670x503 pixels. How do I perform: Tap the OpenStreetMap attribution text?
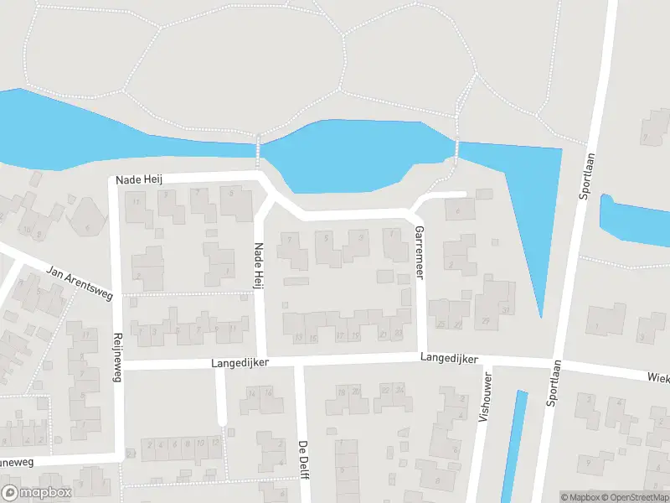pos(633,497)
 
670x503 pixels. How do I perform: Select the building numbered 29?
pos(486,321)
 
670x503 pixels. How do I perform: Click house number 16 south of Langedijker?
pos(269,392)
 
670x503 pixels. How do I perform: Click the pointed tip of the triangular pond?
pos(541,316)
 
